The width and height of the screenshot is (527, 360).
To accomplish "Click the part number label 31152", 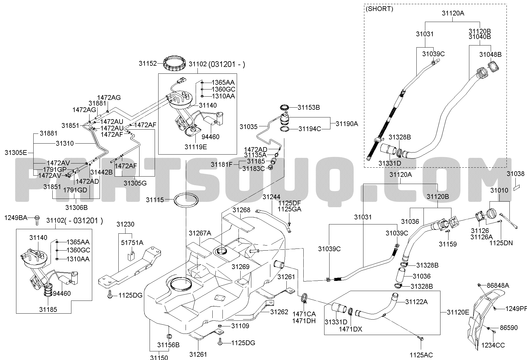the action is pyautogui.click(x=148, y=63).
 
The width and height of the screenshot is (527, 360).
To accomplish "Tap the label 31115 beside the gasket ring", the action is pyautogui.click(x=155, y=200).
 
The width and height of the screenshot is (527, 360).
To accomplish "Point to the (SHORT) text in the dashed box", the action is pyautogui.click(x=379, y=9).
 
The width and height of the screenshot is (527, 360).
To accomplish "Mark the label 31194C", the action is pyautogui.click(x=310, y=129).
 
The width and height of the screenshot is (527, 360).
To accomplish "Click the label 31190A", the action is pyautogui.click(x=347, y=124).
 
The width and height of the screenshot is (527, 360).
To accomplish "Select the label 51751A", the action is pyautogui.click(x=132, y=243).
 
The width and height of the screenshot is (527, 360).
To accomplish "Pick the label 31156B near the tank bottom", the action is pyautogui.click(x=168, y=345).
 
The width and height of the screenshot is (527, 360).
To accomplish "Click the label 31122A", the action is pyautogui.click(x=416, y=302).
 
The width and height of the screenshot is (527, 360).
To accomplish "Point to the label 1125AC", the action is pyautogui.click(x=421, y=355).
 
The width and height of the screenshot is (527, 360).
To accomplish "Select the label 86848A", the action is pyautogui.click(x=498, y=286).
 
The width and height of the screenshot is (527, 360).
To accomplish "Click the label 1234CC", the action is pyautogui.click(x=493, y=345).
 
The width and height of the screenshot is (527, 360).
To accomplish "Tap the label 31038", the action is pyautogui.click(x=516, y=174).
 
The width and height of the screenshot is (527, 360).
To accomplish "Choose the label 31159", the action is pyautogui.click(x=448, y=244).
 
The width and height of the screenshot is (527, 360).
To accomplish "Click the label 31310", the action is pyautogui.click(x=65, y=143).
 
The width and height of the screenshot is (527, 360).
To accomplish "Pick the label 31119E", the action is pyautogui.click(x=195, y=147).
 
